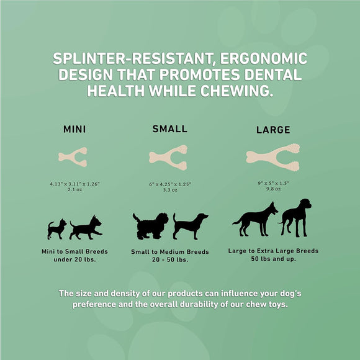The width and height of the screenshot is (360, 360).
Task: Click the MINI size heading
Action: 74,130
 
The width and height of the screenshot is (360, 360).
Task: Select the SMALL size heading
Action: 170,129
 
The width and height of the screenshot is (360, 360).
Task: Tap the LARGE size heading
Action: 274,130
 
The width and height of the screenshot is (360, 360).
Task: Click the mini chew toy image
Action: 73,157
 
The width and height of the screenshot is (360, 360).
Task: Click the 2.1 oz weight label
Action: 74,191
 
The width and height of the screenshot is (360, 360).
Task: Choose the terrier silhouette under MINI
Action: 86,228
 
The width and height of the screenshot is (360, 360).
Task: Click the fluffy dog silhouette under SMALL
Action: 151,226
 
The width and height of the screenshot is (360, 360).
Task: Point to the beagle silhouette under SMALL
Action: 190,226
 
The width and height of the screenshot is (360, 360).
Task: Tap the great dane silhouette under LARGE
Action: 296,217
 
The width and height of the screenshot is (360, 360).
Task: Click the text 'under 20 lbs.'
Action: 74,260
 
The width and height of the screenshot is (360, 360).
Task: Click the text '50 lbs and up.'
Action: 274,259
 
